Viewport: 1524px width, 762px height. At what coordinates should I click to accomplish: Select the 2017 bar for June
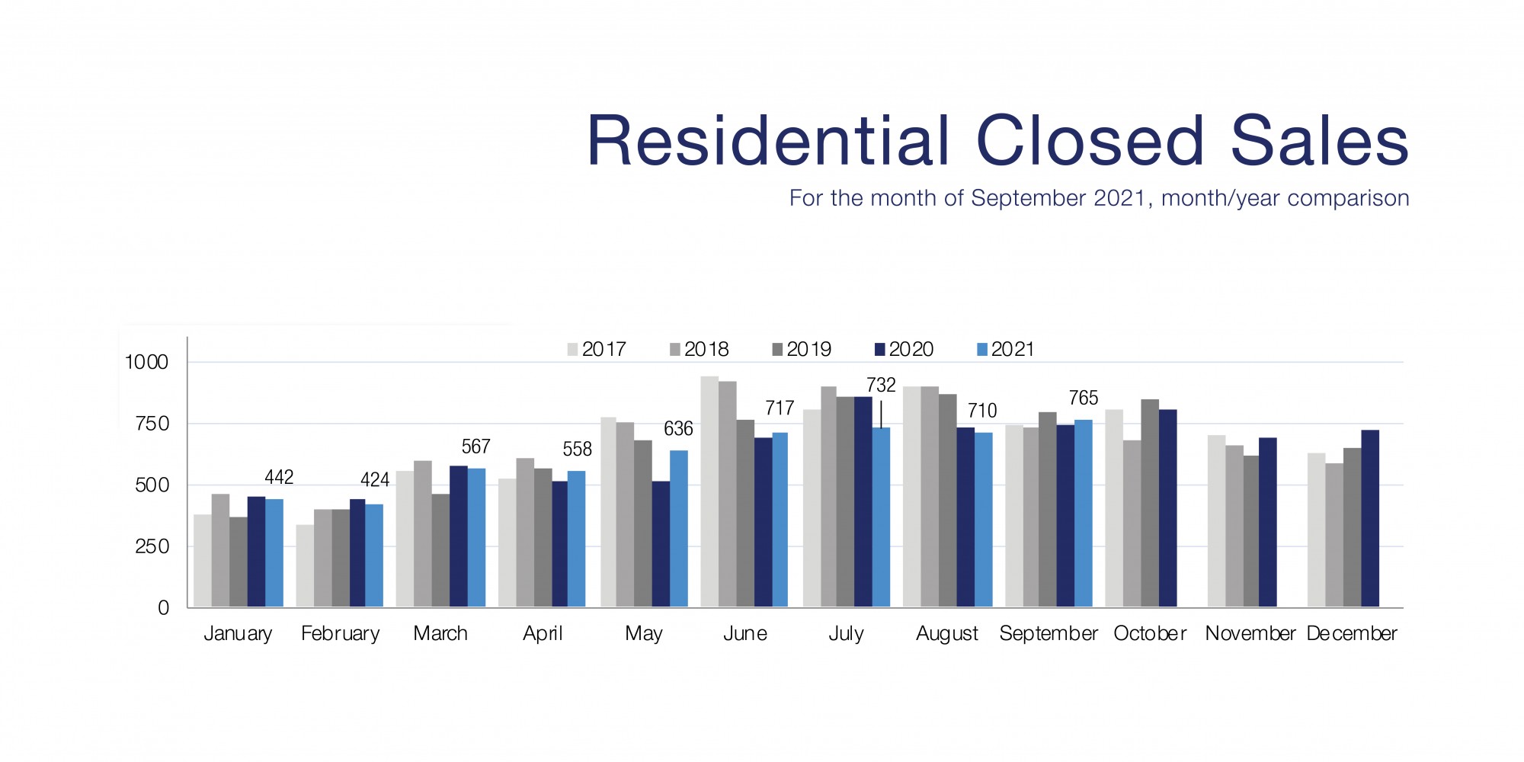[x=709, y=491]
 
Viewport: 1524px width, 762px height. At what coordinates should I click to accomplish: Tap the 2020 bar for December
[x=1370, y=518]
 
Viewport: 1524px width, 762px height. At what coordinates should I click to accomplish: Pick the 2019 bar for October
[x=1150, y=503]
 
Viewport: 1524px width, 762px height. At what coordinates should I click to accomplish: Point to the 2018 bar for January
[x=220, y=550]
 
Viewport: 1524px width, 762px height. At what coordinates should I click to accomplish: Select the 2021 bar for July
[x=881, y=517]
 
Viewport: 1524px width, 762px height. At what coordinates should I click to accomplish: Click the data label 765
[x=1083, y=398]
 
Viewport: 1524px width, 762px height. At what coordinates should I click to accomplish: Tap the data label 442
[x=279, y=477]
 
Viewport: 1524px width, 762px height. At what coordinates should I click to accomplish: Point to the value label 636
[x=678, y=429]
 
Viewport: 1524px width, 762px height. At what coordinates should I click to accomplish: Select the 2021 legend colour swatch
[x=982, y=350]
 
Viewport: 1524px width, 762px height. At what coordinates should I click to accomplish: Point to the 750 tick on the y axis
[x=152, y=424]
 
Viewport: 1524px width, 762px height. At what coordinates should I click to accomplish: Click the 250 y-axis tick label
[x=152, y=546]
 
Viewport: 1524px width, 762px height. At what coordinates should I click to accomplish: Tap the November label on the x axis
[x=1250, y=633]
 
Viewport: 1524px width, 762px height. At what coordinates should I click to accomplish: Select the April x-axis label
[x=542, y=633]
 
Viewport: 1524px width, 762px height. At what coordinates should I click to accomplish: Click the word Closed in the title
[x=1090, y=141]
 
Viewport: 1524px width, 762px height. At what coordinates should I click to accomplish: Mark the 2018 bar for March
[x=423, y=533]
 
